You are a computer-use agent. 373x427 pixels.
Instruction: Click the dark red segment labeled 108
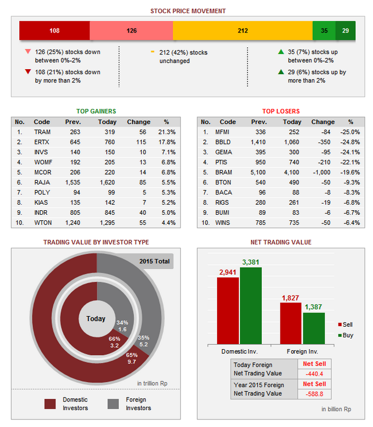point(54,31)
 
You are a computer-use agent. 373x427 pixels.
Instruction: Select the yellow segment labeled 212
point(242,31)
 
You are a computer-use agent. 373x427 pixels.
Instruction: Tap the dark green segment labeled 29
point(346,31)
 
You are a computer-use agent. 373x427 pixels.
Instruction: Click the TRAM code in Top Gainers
point(42,132)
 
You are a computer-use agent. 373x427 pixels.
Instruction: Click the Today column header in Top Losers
point(292,122)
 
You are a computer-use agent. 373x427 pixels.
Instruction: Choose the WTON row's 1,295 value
point(107,222)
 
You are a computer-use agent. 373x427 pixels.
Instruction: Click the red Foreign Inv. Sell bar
point(291,324)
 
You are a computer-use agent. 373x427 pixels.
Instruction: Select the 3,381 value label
point(251,262)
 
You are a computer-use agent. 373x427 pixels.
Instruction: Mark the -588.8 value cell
point(314,393)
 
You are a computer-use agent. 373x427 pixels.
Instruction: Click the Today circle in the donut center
point(96,319)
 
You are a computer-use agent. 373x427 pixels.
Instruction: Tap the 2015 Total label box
point(154,261)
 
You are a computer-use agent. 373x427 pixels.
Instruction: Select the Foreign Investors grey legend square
point(113,404)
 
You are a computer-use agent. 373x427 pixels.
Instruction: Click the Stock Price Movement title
point(188,11)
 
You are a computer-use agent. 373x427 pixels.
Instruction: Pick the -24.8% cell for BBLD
point(351,141)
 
